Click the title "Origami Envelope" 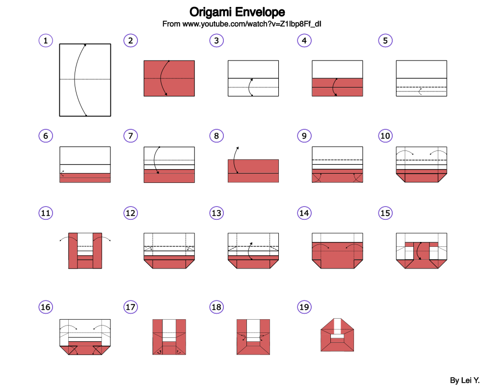click(x=237, y=12)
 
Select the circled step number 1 click(x=46, y=41)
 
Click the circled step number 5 click(x=385, y=41)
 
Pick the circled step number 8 click(x=216, y=136)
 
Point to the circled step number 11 click(x=46, y=213)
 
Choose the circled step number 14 click(x=304, y=213)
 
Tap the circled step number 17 click(x=130, y=307)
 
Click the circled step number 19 click(x=304, y=307)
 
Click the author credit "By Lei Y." click(x=464, y=380)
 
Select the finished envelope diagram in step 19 click(x=337, y=335)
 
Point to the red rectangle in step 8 click(x=253, y=171)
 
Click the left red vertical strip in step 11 click(x=73, y=250)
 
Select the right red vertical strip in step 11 click(x=97, y=250)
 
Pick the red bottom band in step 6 click(x=85, y=178)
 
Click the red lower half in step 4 click(x=337, y=87)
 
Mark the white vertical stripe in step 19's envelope click(x=337, y=326)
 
